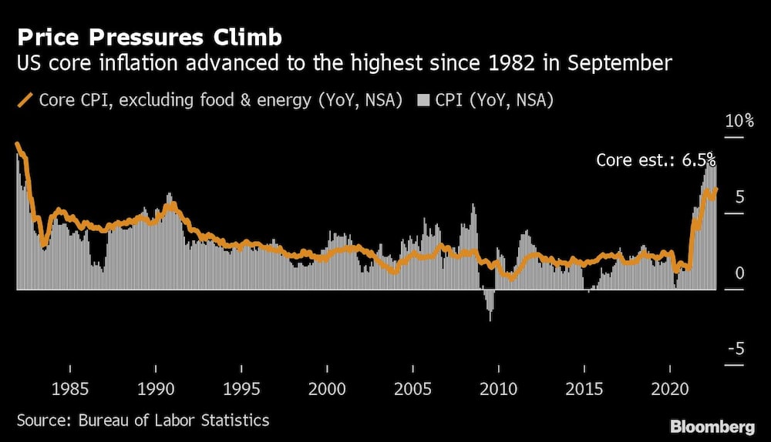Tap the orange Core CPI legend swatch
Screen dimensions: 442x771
(25, 100)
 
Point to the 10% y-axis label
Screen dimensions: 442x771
(739, 122)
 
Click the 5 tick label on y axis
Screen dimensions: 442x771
(739, 198)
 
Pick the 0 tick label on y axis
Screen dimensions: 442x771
(739, 273)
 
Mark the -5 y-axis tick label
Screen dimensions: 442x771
(736, 349)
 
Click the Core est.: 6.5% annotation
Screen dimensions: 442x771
(655, 160)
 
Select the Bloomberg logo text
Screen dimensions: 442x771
(712, 427)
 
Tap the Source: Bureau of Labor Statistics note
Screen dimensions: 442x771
(143, 420)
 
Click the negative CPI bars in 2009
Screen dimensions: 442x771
(489, 304)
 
